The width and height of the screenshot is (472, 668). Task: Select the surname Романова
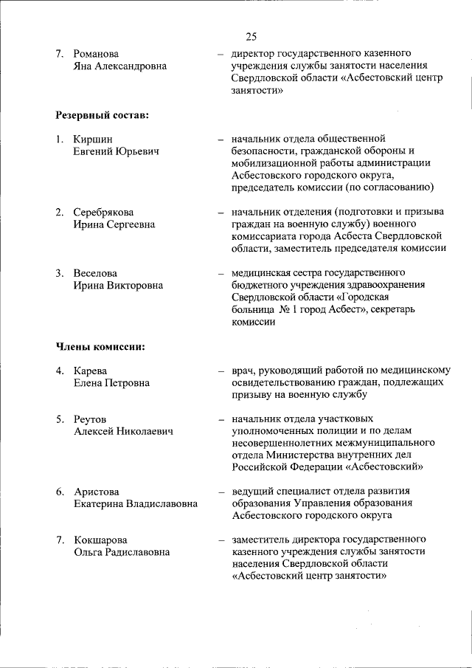click(x=97, y=55)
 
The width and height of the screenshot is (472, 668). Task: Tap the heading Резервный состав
click(x=102, y=116)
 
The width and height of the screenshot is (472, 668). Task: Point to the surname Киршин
click(x=93, y=140)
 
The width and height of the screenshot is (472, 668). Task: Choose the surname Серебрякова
click(x=104, y=213)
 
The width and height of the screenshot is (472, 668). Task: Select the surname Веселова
click(x=95, y=273)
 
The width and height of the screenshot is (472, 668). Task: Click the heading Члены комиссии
click(x=100, y=347)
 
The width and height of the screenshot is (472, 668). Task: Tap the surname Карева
click(x=91, y=371)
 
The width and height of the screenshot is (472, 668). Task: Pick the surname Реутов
click(x=90, y=419)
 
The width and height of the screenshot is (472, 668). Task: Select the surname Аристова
click(x=97, y=492)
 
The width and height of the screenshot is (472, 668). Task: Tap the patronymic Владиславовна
click(x=156, y=503)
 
